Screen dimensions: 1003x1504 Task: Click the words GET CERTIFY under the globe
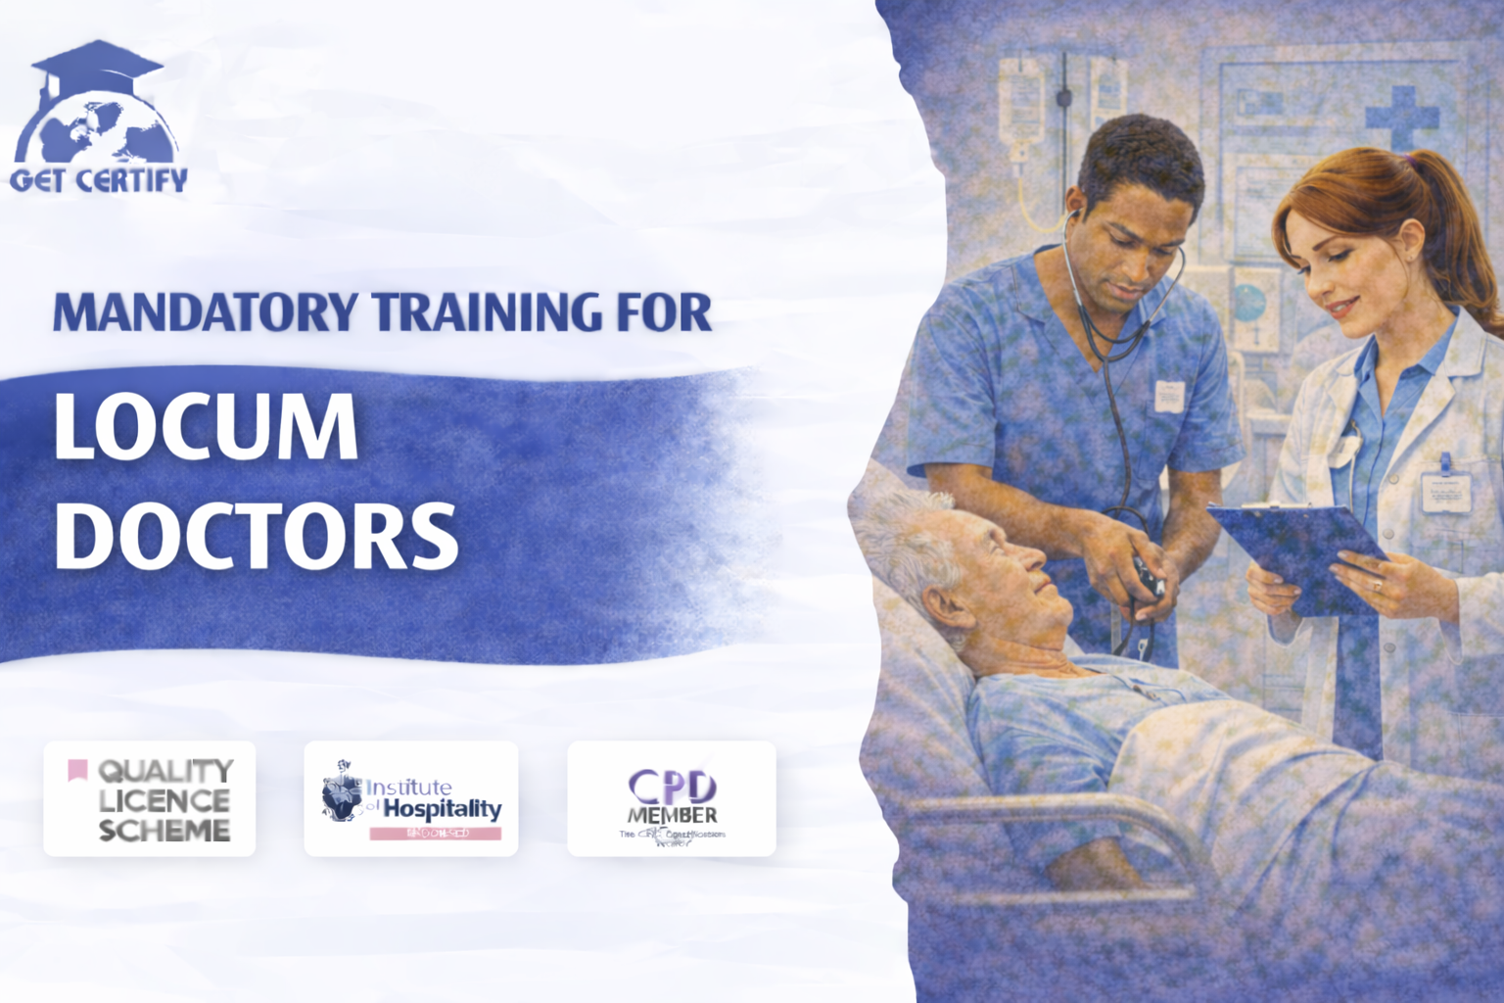[x=99, y=180]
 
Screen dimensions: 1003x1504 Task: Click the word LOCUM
[x=206, y=427]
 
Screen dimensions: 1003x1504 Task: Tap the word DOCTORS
[x=257, y=535]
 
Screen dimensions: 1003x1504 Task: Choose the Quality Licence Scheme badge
[x=150, y=799]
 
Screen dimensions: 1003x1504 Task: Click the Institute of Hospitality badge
[x=411, y=799]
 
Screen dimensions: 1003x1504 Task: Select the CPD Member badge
[x=672, y=799]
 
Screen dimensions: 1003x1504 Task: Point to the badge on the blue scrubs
[x=1169, y=395]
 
